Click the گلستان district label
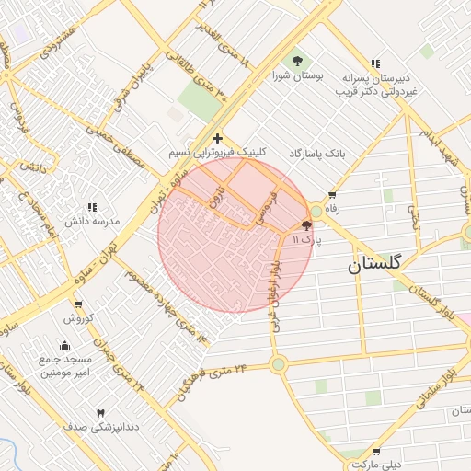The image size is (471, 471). pyautogui.click(x=375, y=264)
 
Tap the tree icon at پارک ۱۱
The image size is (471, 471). pyautogui.click(x=306, y=225)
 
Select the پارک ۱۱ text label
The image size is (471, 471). pyautogui.click(x=306, y=239)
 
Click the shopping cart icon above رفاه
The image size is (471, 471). pyautogui.click(x=331, y=195)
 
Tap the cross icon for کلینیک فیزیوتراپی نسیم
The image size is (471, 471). pyautogui.click(x=216, y=136)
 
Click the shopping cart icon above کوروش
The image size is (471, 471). pyautogui.click(x=78, y=304)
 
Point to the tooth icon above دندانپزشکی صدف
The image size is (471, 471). pyautogui.click(x=100, y=413)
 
